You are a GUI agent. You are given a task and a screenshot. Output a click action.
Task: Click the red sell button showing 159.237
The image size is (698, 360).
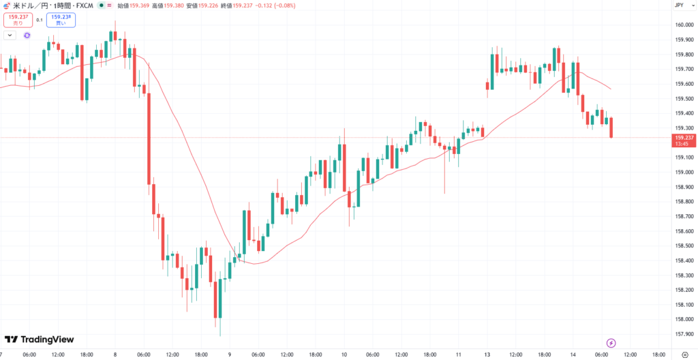[x=18, y=20]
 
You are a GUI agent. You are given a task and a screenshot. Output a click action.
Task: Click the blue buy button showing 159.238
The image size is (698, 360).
[x=60, y=20]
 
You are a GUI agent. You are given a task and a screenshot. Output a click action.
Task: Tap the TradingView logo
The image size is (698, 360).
[x=39, y=340]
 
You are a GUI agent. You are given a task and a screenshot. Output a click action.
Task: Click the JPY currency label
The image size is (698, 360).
[x=679, y=5]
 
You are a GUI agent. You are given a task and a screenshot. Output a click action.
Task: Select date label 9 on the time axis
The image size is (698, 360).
[x=230, y=355]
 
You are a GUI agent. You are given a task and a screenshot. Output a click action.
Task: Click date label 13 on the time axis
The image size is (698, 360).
[x=487, y=355]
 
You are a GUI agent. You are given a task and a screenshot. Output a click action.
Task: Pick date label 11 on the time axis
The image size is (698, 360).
[x=459, y=355]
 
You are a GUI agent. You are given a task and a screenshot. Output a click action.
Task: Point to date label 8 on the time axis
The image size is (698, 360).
[x=115, y=355]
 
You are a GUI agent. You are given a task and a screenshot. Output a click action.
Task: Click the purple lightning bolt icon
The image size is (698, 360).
[x=611, y=342]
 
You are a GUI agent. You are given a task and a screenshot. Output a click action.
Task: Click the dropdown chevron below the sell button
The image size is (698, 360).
[x=10, y=35]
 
